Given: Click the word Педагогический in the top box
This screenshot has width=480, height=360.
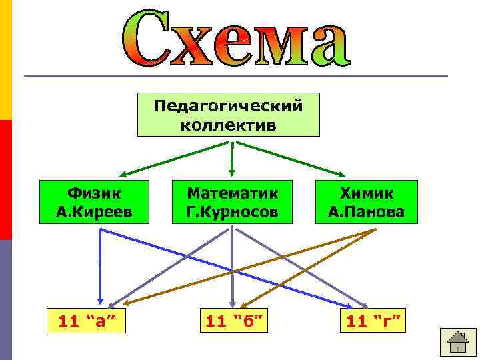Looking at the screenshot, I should (228, 106).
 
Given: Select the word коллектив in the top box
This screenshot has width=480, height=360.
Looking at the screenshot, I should (228, 125).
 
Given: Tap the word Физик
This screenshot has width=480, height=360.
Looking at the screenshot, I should (95, 193).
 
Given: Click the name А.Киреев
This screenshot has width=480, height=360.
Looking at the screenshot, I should (95, 212).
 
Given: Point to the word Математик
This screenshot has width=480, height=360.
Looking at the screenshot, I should (231, 193).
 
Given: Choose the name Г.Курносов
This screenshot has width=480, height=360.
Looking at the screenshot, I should (231, 212).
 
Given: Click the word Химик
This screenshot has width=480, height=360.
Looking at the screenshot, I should (367, 193).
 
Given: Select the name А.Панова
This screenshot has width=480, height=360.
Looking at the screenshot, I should (367, 212).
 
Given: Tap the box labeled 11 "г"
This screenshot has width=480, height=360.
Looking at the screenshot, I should (373, 322).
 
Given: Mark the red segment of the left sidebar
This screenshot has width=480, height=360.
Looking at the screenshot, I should (5, 180).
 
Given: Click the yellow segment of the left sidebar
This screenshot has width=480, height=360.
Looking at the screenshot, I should (5, 60).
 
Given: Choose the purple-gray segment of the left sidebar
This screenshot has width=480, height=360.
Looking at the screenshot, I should (5, 300).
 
